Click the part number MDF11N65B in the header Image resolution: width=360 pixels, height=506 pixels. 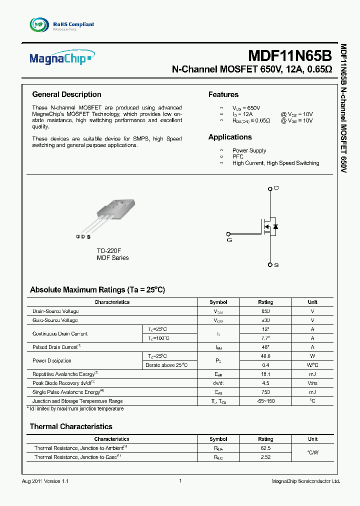tap(290, 55)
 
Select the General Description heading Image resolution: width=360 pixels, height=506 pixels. tap(66, 94)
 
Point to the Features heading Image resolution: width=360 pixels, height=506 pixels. tap(223, 94)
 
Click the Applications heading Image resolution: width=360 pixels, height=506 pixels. tap(230, 137)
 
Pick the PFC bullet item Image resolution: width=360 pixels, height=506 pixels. tap(237, 157)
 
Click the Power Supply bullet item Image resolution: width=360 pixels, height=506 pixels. tap(249, 150)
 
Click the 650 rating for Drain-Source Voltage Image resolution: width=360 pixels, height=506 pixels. tap(265, 311)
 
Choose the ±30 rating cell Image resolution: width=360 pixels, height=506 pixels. tap(265, 320)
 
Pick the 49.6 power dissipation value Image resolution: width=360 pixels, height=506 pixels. tap(265, 356)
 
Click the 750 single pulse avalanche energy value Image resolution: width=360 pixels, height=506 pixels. tap(265, 392)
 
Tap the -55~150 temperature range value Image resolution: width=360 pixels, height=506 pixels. tap(265, 401)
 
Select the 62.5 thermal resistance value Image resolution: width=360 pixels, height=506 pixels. tap(265, 448)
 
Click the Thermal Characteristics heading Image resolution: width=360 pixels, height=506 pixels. tap(71, 426)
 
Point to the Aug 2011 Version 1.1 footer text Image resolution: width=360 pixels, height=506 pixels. tap(45, 481)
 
